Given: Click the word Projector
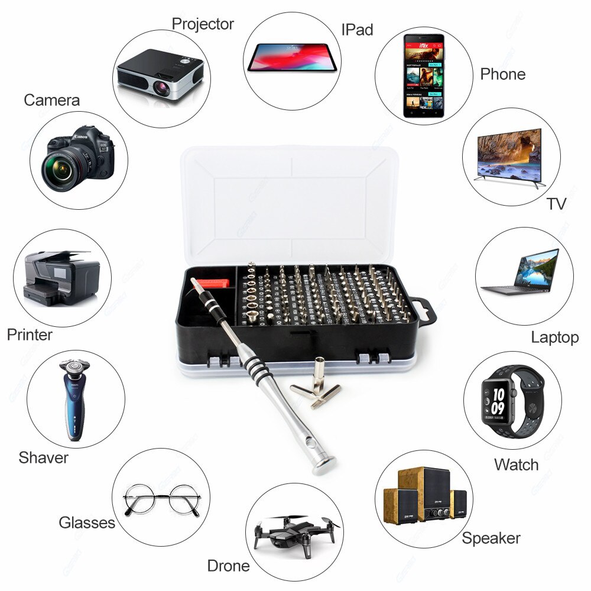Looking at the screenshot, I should click(202, 24).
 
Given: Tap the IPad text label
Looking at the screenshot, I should click(357, 29).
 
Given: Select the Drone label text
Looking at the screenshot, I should click(228, 566).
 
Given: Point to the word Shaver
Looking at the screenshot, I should click(43, 457).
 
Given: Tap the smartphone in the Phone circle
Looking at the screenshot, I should click(424, 75).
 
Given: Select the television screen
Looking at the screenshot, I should click(509, 152).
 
